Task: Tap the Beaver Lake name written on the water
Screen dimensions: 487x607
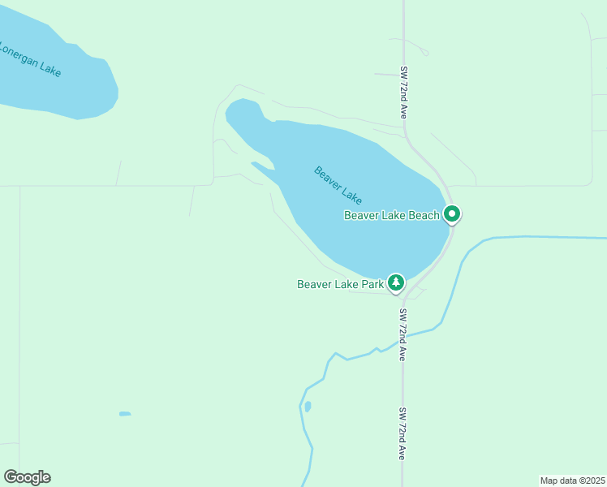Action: [x=338, y=185]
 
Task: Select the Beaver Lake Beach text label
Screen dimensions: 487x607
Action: [x=391, y=215]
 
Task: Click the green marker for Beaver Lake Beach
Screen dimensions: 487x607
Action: [x=452, y=214]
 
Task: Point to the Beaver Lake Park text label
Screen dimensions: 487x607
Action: [x=340, y=284]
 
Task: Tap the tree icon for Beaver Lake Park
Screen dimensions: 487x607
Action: [x=396, y=282]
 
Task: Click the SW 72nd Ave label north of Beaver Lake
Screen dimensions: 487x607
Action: [x=403, y=93]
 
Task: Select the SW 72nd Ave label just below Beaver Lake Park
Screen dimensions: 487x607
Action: [x=403, y=334]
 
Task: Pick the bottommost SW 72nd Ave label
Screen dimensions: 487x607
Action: [x=403, y=433]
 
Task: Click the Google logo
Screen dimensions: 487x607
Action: [x=27, y=477]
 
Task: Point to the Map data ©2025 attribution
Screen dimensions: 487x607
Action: [x=572, y=481]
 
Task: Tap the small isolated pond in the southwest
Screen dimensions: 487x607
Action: [x=125, y=414]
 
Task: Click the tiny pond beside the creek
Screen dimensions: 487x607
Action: [x=308, y=406]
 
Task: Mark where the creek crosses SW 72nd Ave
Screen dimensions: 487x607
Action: [x=403, y=338]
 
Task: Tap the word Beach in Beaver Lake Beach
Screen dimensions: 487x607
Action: [x=423, y=215]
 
